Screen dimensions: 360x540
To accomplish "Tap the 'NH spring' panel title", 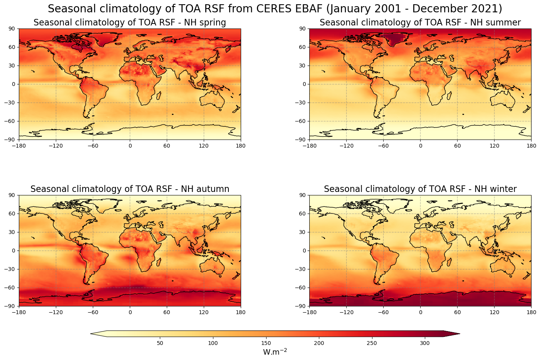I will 129,23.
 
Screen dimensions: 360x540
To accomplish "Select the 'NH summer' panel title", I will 420,23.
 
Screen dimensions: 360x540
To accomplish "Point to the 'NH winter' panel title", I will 420,189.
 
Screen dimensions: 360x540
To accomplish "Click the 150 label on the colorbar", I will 266,343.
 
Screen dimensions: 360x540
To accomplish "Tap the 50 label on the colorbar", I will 160,343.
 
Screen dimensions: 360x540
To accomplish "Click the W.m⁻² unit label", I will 275,352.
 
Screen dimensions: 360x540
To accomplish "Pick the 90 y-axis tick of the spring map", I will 12,29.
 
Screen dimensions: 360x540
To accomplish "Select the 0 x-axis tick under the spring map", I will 130,146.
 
